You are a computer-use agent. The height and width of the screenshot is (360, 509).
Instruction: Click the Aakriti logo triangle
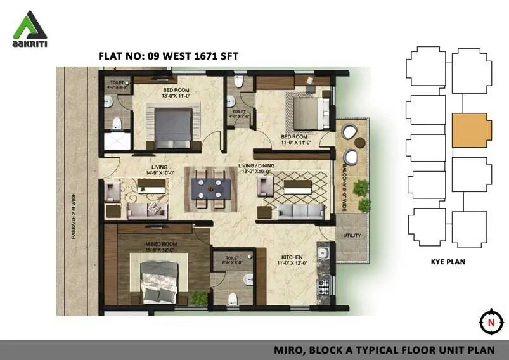tap(29, 25)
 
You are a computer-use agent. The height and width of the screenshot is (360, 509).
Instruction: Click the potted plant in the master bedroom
tap(200, 297)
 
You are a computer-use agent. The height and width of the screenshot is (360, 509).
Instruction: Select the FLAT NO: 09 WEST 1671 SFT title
tap(168, 56)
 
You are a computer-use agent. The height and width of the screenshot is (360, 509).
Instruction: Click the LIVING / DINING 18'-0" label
tap(255, 169)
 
